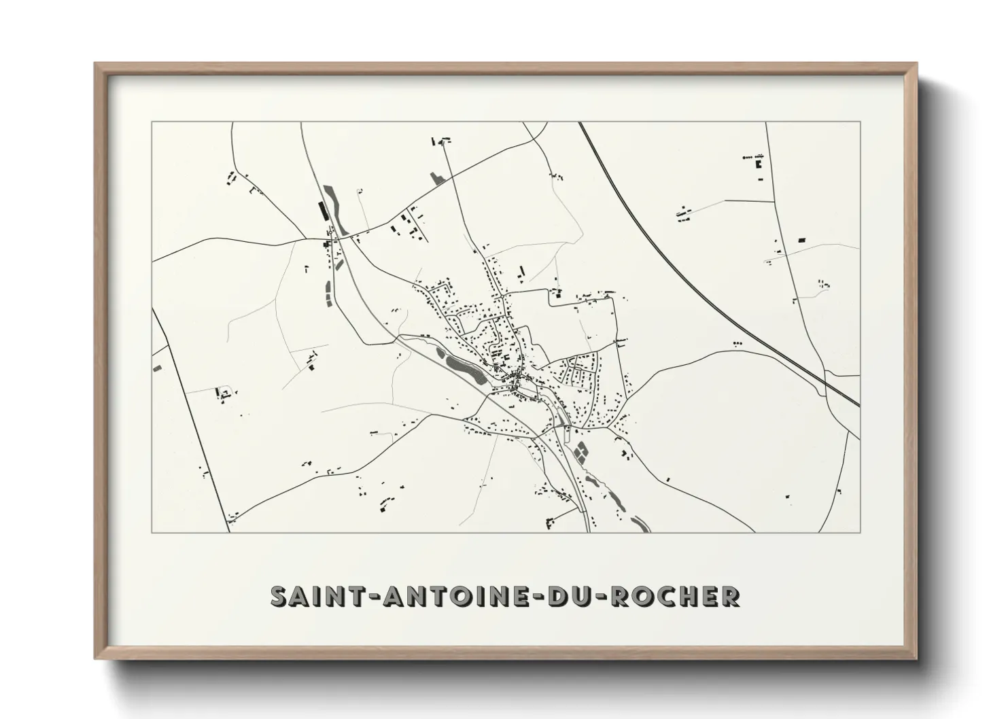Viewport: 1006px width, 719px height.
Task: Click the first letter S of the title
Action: pyautogui.click(x=279, y=596)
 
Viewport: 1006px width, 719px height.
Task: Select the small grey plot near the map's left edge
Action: pyautogui.click(x=158, y=368)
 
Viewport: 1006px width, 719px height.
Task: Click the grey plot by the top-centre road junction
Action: pyautogui.click(x=436, y=178)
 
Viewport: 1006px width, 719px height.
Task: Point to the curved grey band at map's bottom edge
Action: pyautogui.click(x=640, y=523)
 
